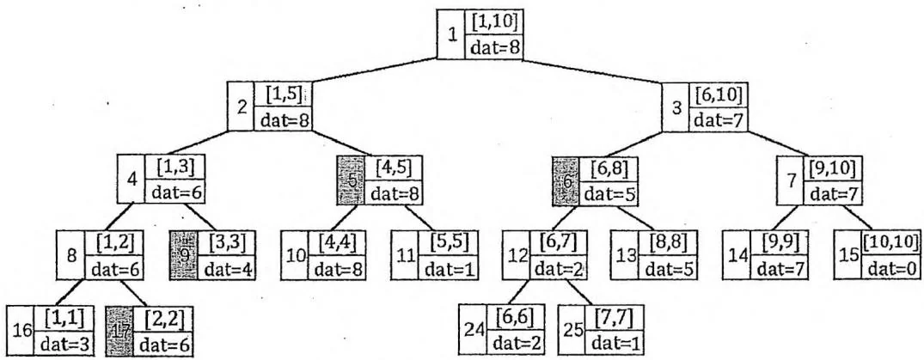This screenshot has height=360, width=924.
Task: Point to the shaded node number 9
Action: [x=184, y=255]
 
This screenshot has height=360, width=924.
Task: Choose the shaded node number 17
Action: [x=119, y=330]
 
